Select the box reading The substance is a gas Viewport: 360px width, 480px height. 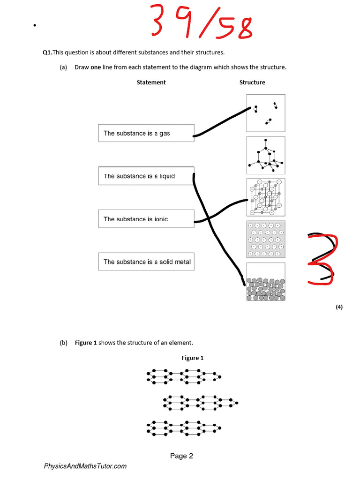146,133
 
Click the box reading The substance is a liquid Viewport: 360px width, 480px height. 146,176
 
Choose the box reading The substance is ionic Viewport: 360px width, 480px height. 146,219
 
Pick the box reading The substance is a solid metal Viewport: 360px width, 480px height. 146,262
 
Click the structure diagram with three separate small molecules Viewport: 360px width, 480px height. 266,113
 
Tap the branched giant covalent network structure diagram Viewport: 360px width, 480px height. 266,155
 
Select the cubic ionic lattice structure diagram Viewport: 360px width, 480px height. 266,197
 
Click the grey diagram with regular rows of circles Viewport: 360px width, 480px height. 266,239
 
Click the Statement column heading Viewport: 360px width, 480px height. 151,82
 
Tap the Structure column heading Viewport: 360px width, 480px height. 252,82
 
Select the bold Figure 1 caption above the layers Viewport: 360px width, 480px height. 193,358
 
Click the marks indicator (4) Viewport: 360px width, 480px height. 339,307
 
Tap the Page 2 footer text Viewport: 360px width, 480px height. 181,456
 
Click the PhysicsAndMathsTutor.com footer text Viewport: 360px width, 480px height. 85,466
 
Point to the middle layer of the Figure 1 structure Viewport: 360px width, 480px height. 201,402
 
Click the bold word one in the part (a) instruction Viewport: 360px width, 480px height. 96,67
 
